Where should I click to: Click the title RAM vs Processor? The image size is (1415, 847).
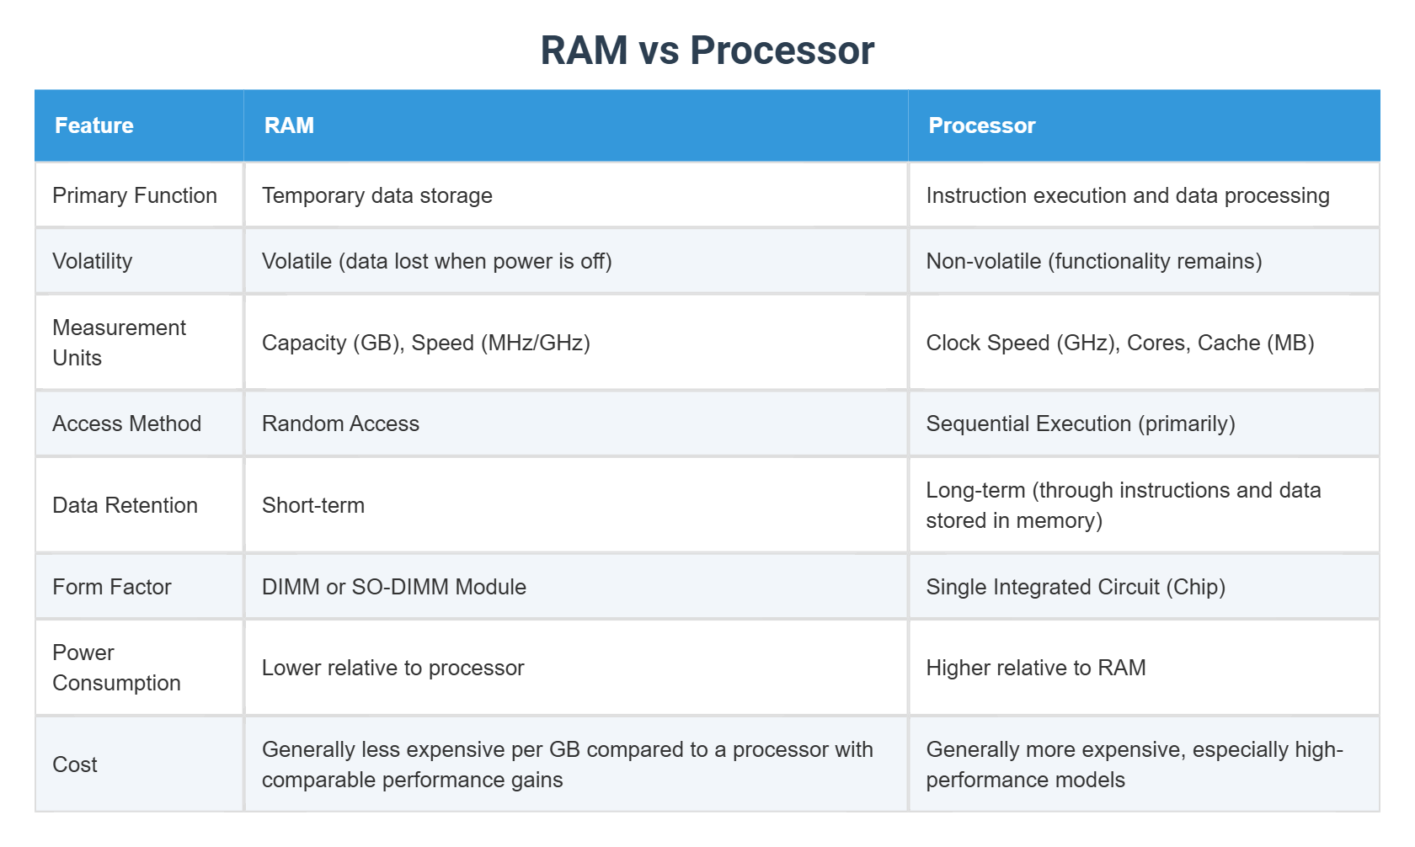pos(707,51)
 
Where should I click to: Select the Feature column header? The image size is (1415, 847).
pos(94,125)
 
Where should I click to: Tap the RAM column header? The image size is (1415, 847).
pos(289,125)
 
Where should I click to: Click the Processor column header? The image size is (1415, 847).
pos(981,125)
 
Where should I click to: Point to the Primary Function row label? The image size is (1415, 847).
pos(135,195)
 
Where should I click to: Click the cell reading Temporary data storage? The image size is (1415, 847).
pos(376,195)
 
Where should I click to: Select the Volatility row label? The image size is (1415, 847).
pos(93,261)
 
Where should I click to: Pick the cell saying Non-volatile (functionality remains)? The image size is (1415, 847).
pos(1093,261)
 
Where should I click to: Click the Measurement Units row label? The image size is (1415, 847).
pos(119,343)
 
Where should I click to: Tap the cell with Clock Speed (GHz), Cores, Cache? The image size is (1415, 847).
pos(1119,343)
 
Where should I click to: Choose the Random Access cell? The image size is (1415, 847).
pos(340,423)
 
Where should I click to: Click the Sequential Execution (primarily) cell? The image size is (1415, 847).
pos(1080,423)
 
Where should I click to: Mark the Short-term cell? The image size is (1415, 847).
pos(312,505)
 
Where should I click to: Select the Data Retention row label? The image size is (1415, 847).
pos(125,505)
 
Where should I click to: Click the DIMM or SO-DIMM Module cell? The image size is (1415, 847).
pos(393,587)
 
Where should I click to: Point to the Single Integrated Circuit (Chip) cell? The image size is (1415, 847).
pos(1075,587)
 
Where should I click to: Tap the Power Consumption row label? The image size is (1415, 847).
pos(116,668)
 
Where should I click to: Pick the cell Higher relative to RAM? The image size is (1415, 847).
pos(1035,668)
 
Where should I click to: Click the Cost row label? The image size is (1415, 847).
pos(75,764)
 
